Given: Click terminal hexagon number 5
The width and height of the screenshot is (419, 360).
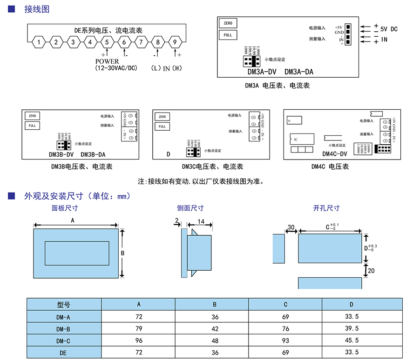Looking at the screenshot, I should [107, 42].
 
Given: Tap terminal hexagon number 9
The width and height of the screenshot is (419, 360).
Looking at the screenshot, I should [175, 42].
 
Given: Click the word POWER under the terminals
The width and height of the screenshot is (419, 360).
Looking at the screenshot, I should [107, 61].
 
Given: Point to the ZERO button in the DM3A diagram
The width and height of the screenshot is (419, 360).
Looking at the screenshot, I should [228, 23].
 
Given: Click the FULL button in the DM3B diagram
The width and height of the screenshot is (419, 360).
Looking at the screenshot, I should [32, 126].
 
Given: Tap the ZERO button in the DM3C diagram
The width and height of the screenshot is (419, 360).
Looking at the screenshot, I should [162, 117].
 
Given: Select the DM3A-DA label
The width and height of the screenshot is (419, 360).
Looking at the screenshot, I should [298, 72].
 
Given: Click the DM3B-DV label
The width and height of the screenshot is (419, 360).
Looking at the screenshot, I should [61, 154].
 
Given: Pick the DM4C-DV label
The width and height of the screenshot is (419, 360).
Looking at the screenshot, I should [335, 154].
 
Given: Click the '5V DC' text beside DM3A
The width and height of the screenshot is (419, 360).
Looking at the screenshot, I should [389, 29].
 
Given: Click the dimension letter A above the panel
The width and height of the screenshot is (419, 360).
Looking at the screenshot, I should [73, 221].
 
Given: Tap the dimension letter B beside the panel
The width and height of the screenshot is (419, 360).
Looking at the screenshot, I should [122, 253].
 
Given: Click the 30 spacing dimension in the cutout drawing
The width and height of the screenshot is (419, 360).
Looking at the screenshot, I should [291, 227].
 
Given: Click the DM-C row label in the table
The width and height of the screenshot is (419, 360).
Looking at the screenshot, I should [63, 340].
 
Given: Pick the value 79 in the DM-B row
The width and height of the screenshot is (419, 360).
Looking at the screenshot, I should [139, 329].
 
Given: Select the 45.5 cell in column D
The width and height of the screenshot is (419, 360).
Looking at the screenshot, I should [351, 340].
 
